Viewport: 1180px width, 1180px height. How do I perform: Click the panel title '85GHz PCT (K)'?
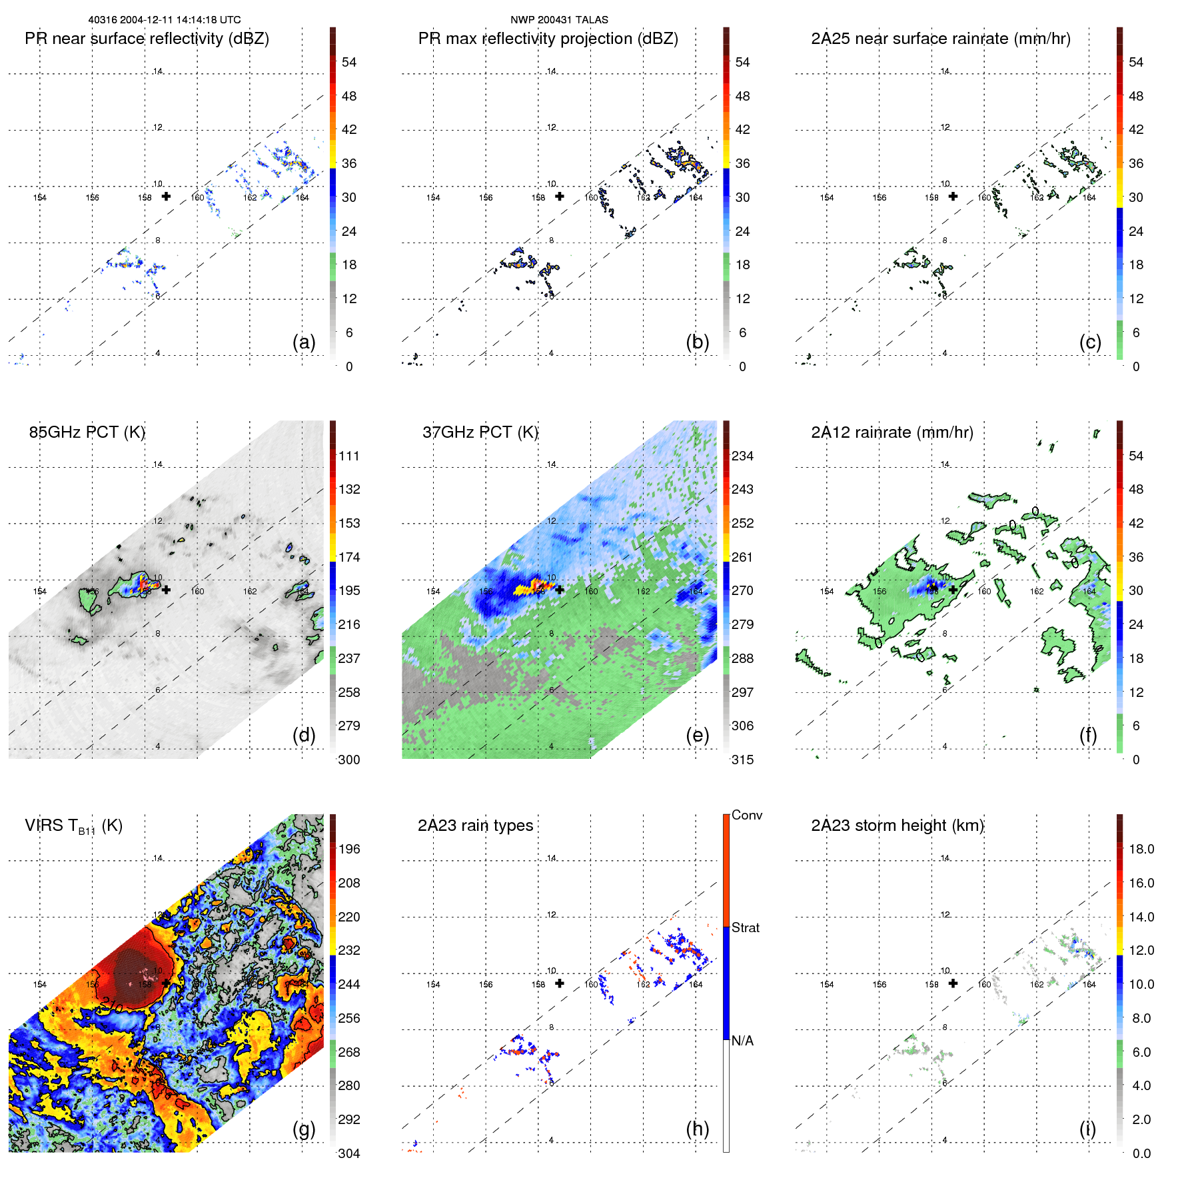[x=87, y=432]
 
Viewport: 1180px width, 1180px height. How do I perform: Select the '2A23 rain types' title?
[x=475, y=826]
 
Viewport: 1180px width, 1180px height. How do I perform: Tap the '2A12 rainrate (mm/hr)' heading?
[x=891, y=432]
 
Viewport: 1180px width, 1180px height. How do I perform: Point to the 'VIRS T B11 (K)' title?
[x=73, y=826]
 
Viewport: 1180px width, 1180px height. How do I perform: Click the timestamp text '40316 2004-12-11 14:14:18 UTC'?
[x=165, y=20]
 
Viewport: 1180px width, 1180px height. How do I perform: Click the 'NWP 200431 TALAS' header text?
[x=559, y=20]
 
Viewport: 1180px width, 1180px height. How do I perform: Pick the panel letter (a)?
[x=304, y=342]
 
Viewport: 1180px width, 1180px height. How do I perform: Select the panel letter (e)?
[x=697, y=735]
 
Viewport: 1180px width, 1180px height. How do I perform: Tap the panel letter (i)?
[x=1087, y=1129]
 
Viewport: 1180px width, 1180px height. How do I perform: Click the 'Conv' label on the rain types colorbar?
[x=747, y=816]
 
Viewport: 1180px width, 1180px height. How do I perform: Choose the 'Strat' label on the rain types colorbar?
[x=746, y=928]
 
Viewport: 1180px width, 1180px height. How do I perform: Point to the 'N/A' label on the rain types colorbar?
[x=742, y=1041]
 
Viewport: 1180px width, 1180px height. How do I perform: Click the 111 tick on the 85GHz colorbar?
[x=349, y=456]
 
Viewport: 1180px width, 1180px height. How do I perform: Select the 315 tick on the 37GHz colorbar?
[x=742, y=760]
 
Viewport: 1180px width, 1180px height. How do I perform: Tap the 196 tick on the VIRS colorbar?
[x=349, y=850]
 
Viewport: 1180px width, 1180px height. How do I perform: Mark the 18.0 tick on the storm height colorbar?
[x=1141, y=850]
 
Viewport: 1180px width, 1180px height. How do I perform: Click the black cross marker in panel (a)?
[x=166, y=197]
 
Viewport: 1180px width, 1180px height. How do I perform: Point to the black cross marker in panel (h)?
[x=560, y=983]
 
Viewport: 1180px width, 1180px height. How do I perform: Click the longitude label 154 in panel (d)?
[x=40, y=592]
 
